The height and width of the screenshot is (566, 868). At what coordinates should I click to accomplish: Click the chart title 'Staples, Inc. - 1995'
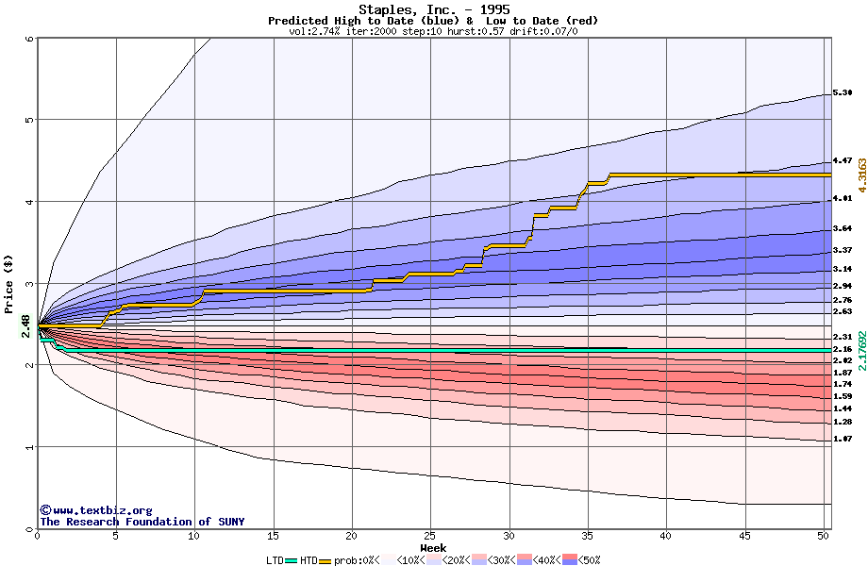[x=434, y=9]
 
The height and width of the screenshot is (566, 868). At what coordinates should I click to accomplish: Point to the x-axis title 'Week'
[x=434, y=548]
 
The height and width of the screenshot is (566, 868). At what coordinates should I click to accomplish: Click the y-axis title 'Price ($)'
[x=9, y=283]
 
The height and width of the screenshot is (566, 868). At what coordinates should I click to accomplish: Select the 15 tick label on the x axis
[x=274, y=536]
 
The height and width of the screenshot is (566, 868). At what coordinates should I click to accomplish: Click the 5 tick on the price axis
[x=28, y=120]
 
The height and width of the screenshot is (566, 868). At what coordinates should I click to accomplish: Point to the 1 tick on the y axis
[x=28, y=447]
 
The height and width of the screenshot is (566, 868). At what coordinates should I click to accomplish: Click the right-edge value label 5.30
[x=843, y=93]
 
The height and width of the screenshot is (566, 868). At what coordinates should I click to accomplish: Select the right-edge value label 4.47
[x=843, y=161]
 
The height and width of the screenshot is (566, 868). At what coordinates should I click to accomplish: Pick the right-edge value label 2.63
[x=843, y=311]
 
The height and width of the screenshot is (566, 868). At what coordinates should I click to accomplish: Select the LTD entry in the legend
[x=275, y=560]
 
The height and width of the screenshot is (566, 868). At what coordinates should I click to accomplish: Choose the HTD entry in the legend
[x=309, y=560]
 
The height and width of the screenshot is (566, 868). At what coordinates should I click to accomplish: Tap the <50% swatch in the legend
[x=582, y=560]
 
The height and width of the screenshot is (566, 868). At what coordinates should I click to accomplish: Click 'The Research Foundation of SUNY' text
[x=142, y=522]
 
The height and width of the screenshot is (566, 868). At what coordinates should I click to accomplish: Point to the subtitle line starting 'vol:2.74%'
[x=433, y=31]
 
